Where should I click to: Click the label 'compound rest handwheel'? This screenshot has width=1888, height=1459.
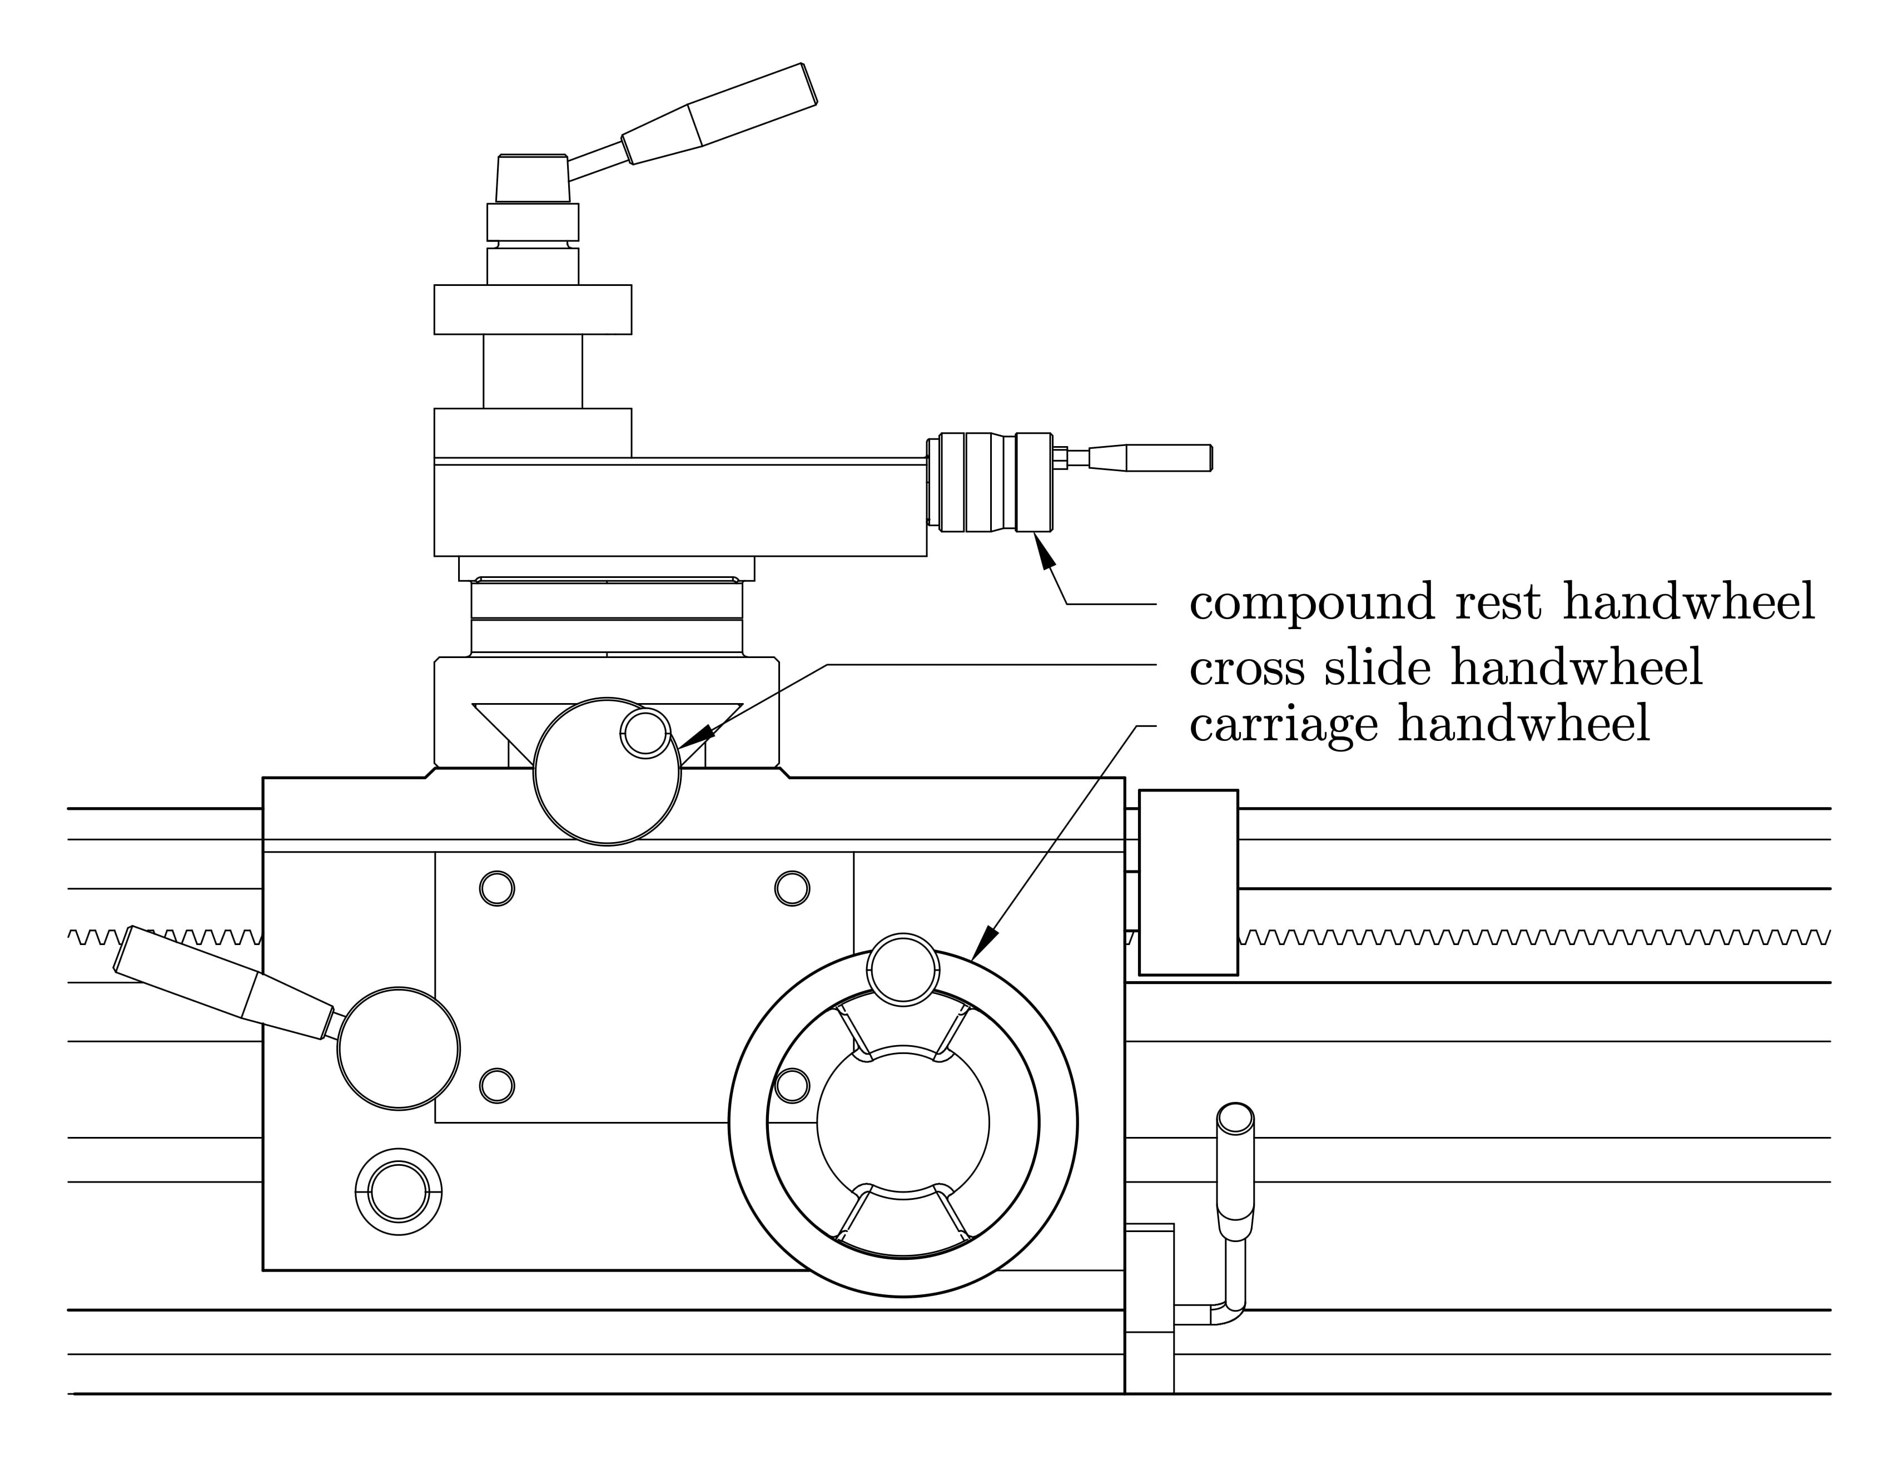[1502, 603]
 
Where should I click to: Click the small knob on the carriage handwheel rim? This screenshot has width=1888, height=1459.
[902, 970]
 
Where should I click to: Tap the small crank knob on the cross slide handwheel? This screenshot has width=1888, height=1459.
[645, 733]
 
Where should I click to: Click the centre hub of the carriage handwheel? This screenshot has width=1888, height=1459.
[902, 1122]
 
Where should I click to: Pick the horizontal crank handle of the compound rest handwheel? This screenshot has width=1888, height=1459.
[1167, 458]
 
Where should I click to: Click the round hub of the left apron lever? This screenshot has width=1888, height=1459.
[398, 1048]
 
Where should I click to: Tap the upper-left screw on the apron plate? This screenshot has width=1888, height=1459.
[496, 888]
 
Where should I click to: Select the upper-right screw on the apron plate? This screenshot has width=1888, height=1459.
[792, 888]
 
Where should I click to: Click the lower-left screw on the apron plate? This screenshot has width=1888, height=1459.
[496, 1085]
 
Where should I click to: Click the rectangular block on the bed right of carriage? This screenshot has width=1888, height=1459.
[1188, 882]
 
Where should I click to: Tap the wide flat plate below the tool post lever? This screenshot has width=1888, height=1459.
[533, 309]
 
